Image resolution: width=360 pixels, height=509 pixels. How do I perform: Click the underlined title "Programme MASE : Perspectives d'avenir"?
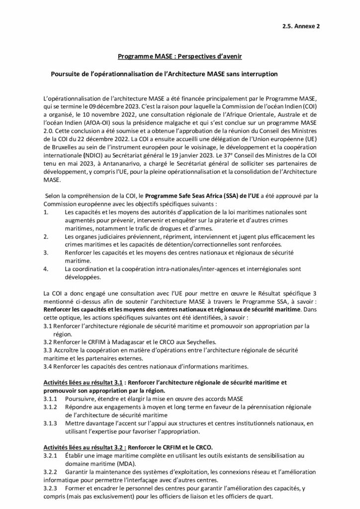tap(180, 57)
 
